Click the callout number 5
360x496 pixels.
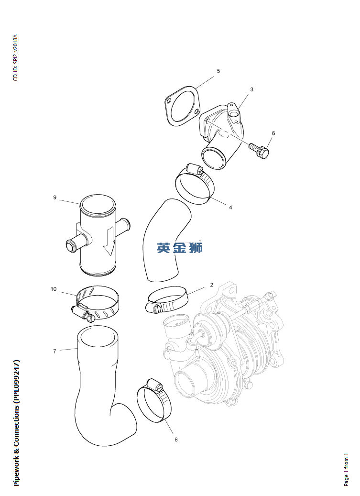pyautogui.click(x=218, y=71)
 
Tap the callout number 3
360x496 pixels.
pyautogui.click(x=251, y=89)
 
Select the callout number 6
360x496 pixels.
pyautogui.click(x=273, y=133)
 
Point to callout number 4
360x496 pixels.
pyautogui.click(x=230, y=208)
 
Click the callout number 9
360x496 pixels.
pyautogui.click(x=55, y=198)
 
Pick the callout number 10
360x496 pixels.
pyautogui.click(x=54, y=289)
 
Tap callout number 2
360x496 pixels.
pyautogui.click(x=212, y=285)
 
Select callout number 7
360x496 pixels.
pyautogui.click(x=55, y=351)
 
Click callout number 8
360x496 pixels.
pyautogui.click(x=176, y=440)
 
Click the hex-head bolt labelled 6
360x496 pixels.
pyautogui.click(x=259, y=150)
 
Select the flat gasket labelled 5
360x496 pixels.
pyautogui.click(x=182, y=106)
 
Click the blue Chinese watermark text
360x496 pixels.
pyautogui.click(x=180, y=248)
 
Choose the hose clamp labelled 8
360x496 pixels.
pyautogui.click(x=154, y=400)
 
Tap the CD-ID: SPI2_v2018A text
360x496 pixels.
pyautogui.click(x=15, y=58)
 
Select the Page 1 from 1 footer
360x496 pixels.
pyautogui.click(x=347, y=469)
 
